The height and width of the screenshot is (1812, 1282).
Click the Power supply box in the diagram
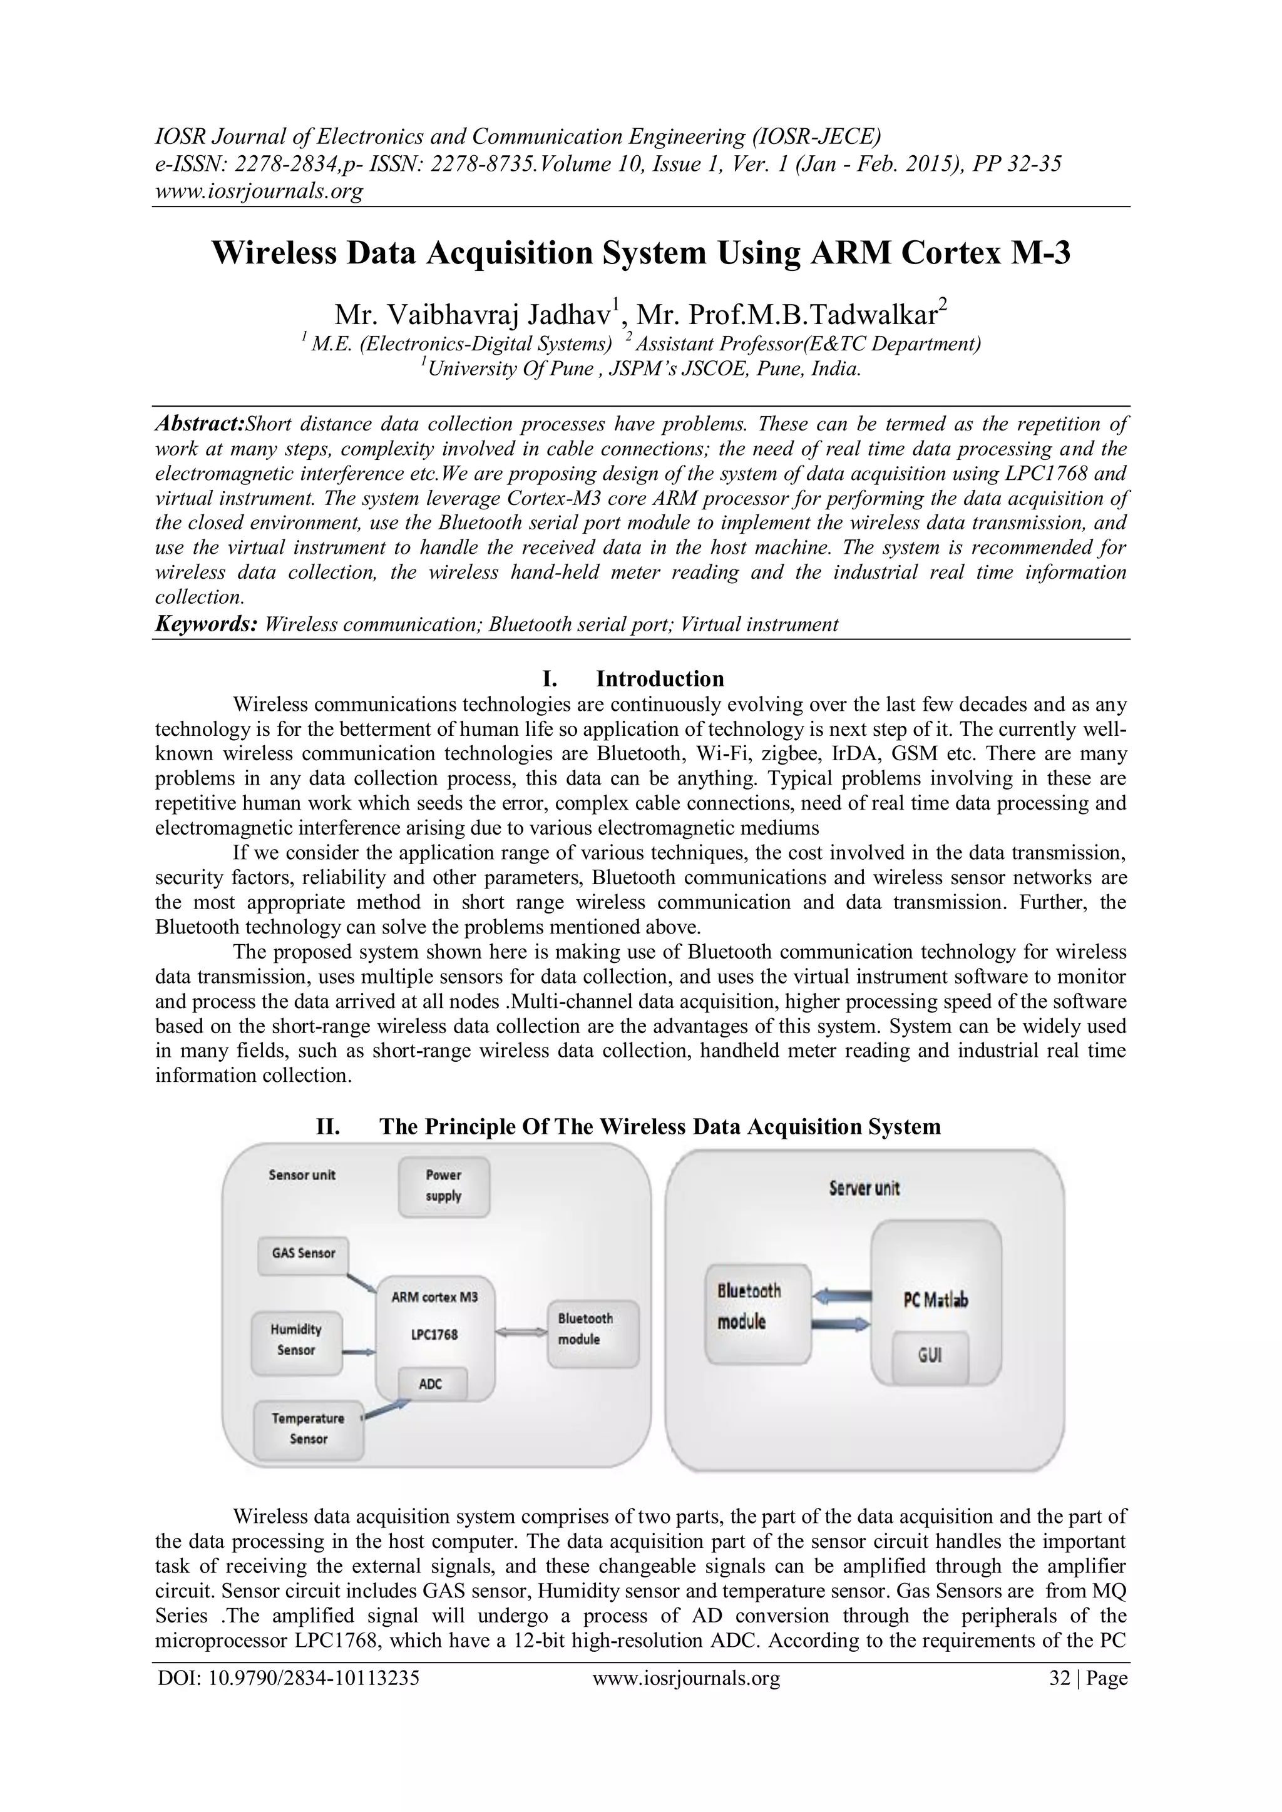click(444, 1186)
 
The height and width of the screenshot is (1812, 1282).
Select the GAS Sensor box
click(303, 1253)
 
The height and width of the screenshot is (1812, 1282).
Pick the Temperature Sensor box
click(308, 1428)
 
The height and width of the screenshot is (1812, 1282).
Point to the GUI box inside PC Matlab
click(930, 1356)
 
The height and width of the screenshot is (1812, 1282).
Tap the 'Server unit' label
click(864, 1189)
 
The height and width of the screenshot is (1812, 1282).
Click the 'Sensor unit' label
click(302, 1175)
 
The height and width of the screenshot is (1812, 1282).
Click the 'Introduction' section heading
click(659, 679)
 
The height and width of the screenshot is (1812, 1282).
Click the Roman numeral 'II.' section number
click(329, 1126)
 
